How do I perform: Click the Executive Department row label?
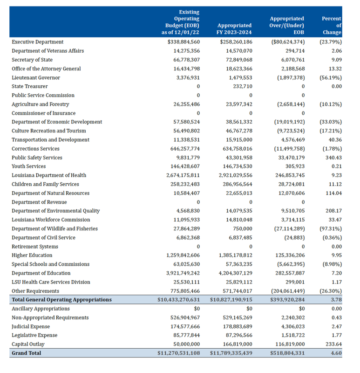tap(37, 42)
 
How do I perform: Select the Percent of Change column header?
tap(331, 26)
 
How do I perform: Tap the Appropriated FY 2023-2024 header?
tap(234, 29)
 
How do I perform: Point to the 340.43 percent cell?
tap(333, 158)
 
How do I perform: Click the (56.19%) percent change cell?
tap(330, 77)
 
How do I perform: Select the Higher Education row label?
tap(32, 256)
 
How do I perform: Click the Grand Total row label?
tap(27, 353)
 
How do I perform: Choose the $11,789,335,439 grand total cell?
tap(231, 353)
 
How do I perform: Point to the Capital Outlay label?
tap(29, 344)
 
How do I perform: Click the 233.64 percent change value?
tap(333, 344)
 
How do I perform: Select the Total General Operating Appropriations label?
tap(61, 300)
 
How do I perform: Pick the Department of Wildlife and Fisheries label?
tap(54, 228)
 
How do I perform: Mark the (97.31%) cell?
tap(330, 228)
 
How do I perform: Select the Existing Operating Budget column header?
tap(182, 22)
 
